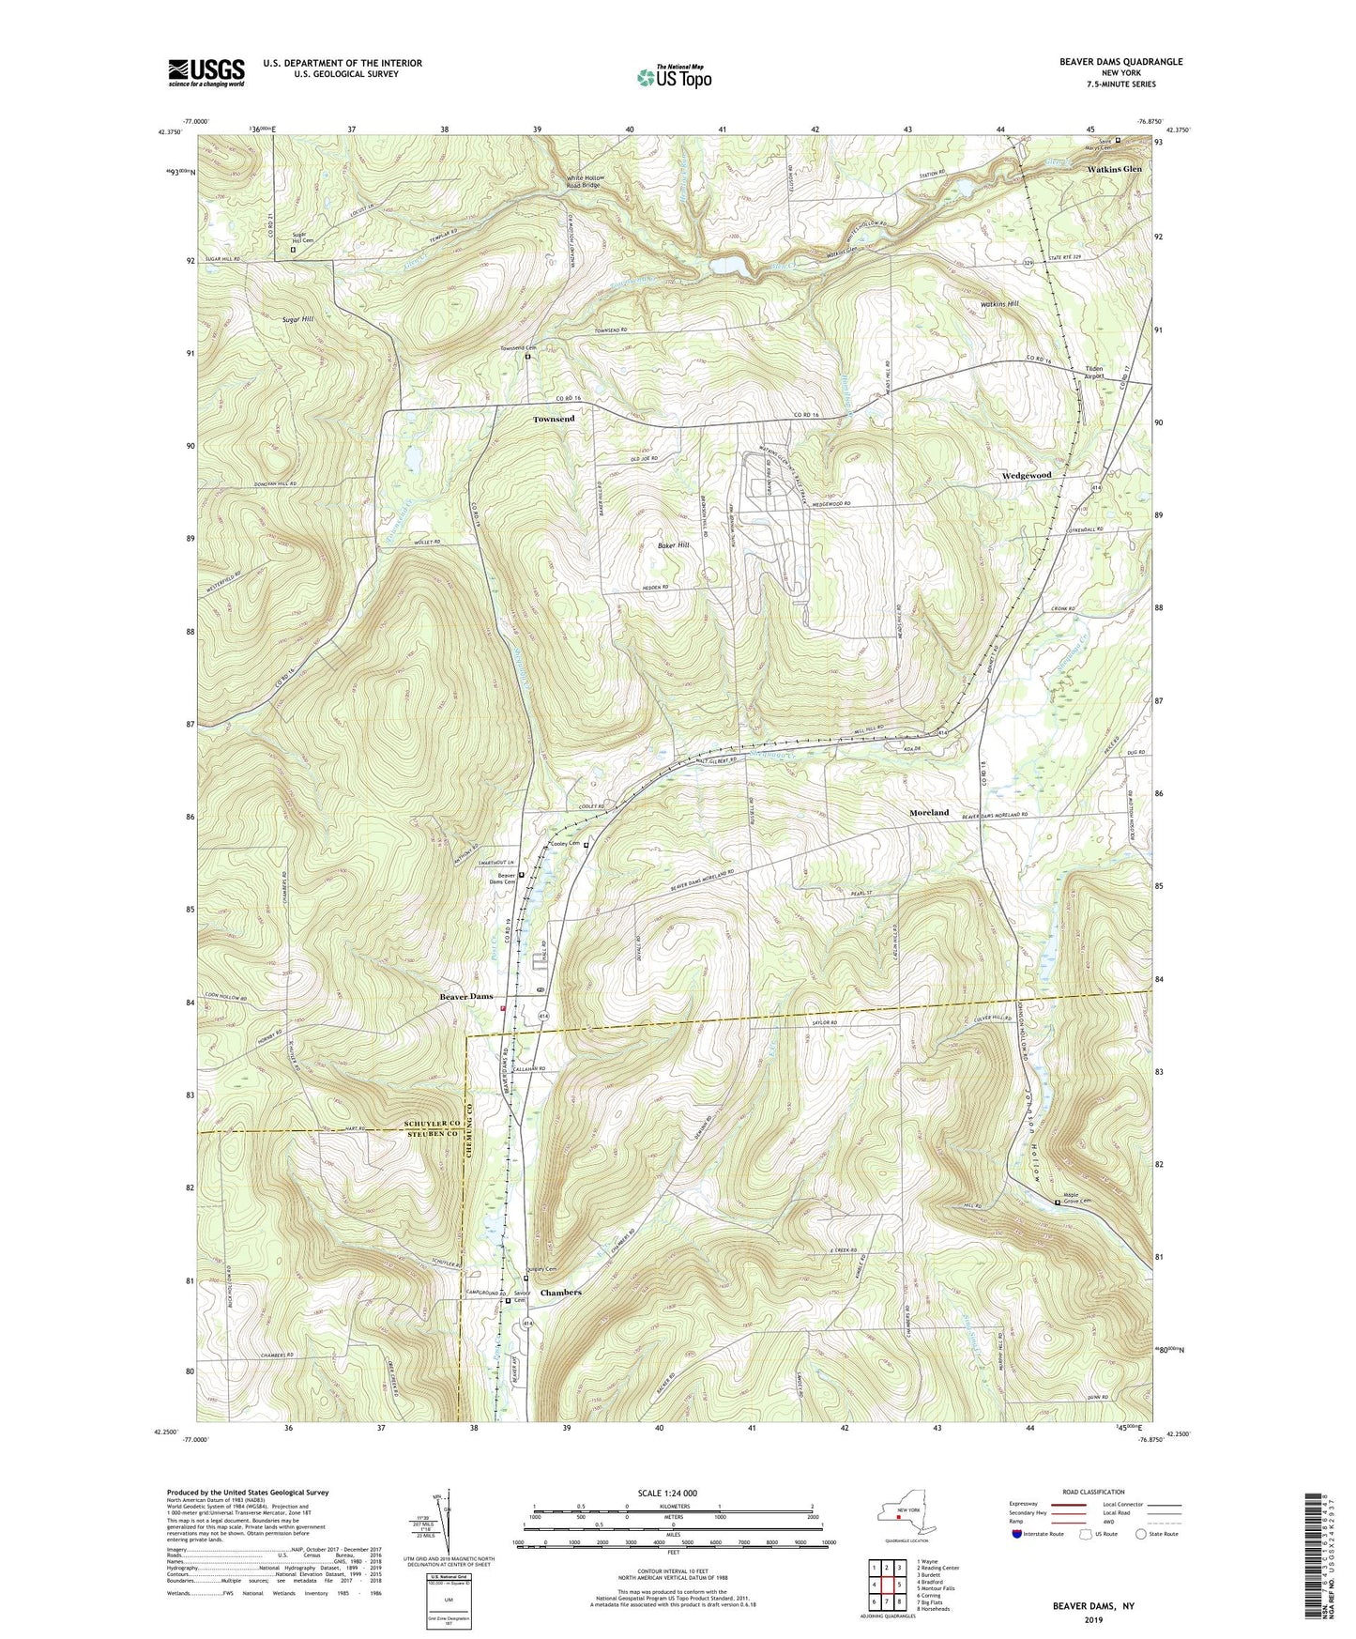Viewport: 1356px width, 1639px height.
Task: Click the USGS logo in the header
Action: coord(206,71)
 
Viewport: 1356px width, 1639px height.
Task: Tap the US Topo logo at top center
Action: coord(673,77)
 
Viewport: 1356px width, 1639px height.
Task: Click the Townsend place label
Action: coord(554,419)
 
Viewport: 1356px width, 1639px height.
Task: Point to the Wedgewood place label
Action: coord(1026,476)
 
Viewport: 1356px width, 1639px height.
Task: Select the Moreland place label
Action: coord(929,812)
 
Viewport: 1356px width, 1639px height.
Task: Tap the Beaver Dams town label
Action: coord(466,996)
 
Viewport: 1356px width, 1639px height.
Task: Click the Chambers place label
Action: coord(560,1293)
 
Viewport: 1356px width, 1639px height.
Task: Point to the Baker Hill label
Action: coord(673,545)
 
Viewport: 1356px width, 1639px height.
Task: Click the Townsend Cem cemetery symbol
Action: coord(527,357)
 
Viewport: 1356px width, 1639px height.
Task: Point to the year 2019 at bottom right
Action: coord(1094,1620)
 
